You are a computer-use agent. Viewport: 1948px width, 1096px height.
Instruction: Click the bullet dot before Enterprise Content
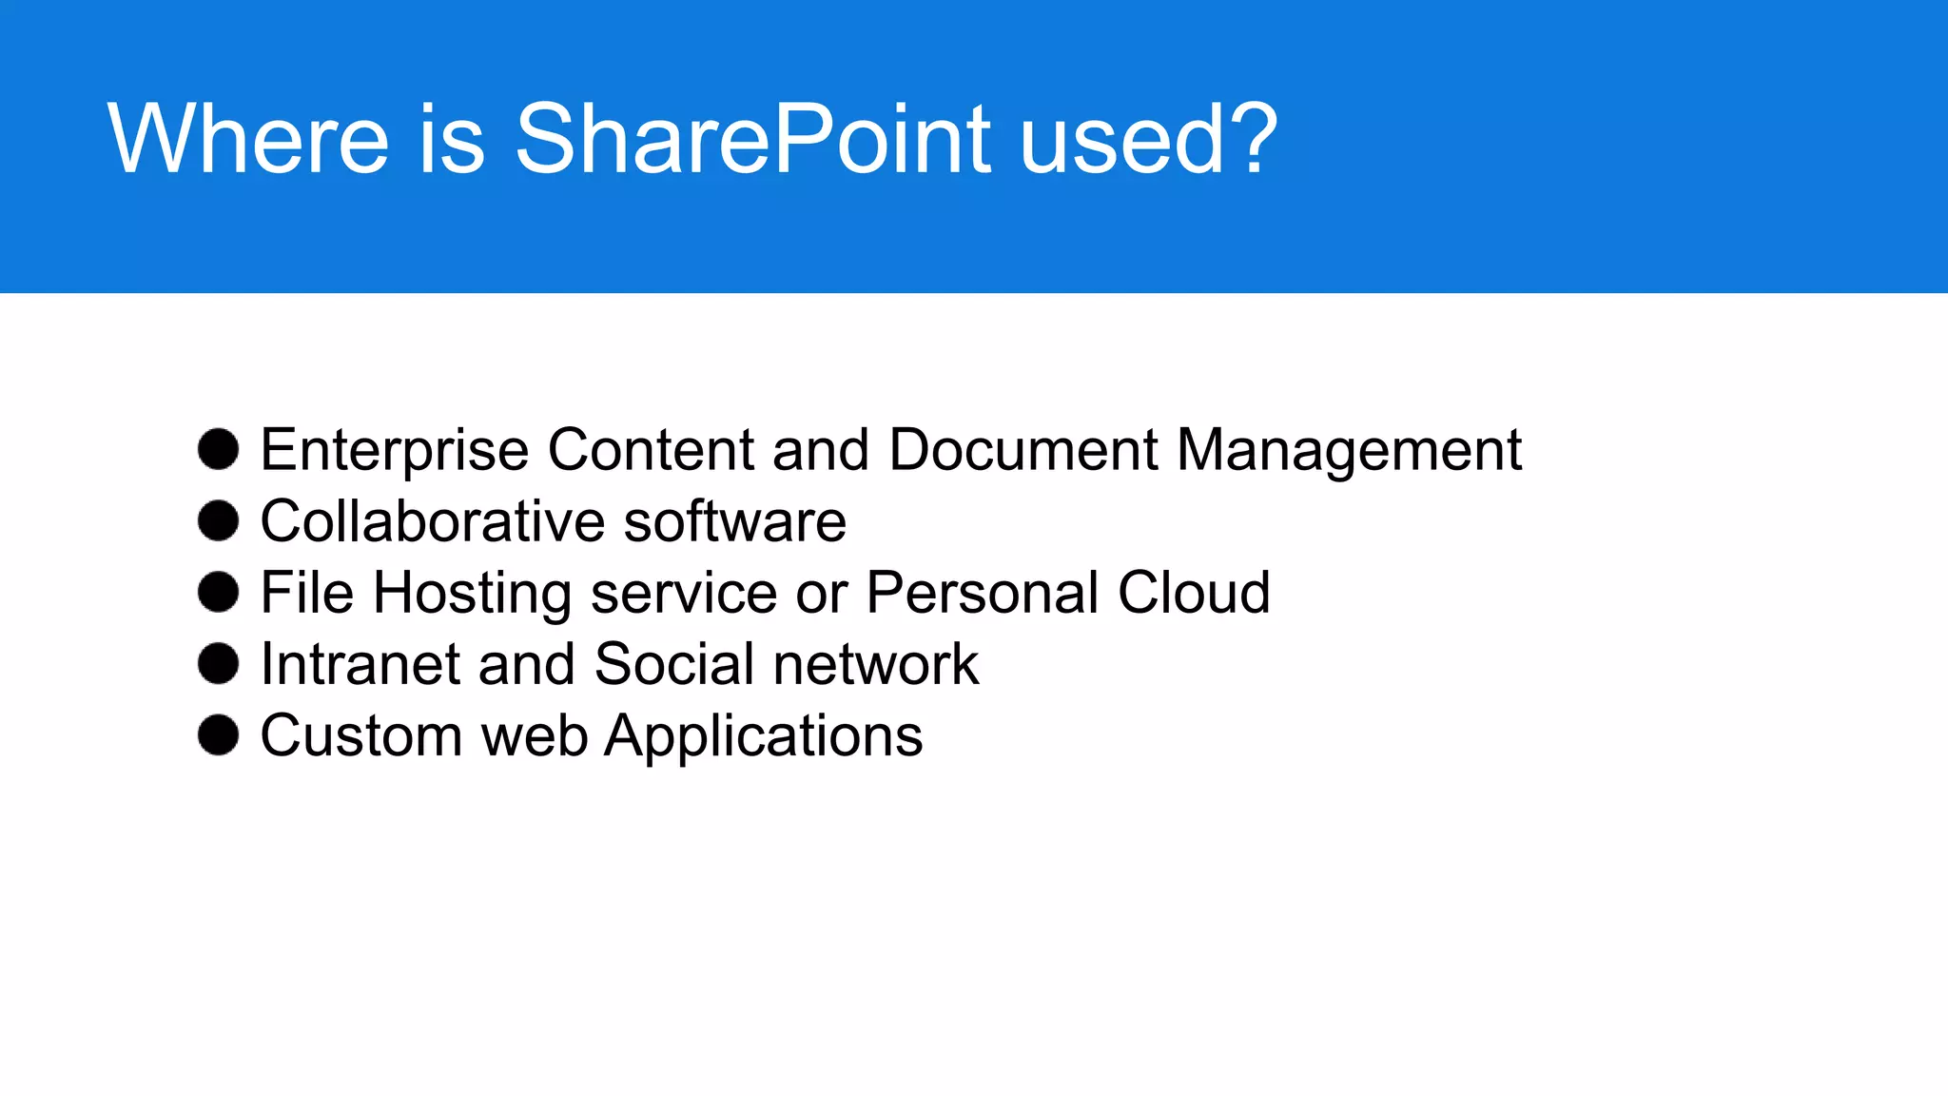pos(218,449)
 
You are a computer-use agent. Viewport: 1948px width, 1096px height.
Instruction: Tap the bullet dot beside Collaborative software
pos(218,521)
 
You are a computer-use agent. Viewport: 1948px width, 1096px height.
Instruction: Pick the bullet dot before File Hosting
pos(218,592)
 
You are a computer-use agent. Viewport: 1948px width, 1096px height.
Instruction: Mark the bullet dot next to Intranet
pos(218,663)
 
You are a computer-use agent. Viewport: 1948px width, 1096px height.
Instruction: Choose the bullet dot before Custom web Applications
pos(218,735)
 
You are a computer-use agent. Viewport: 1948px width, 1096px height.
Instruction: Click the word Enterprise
pos(394,450)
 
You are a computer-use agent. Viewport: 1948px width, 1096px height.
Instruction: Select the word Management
pos(1349,450)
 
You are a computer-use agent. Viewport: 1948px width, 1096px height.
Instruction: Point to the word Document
pos(1023,449)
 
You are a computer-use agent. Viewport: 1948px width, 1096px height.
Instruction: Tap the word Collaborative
pos(433,521)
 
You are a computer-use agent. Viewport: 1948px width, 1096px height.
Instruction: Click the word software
pos(734,521)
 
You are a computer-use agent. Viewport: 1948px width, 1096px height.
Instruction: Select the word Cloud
pos(1194,592)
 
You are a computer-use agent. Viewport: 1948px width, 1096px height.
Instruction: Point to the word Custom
pos(361,735)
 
